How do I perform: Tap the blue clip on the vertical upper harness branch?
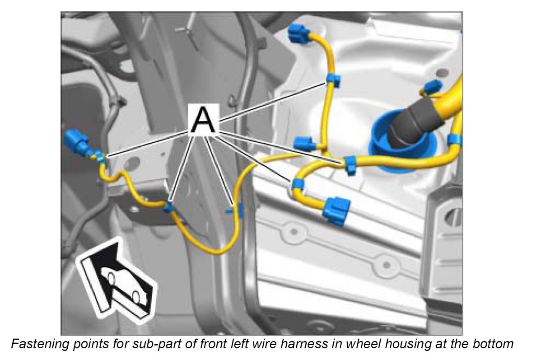pos(333,80)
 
